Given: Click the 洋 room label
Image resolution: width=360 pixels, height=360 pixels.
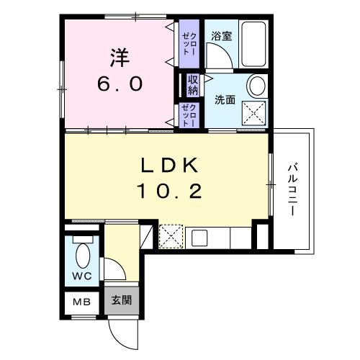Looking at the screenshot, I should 120,56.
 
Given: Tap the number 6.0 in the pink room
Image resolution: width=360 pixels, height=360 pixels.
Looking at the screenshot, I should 120,83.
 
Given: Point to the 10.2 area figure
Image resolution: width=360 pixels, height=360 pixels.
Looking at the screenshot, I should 170,192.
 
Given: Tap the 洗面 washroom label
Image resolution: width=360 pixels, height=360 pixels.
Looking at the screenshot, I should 225,100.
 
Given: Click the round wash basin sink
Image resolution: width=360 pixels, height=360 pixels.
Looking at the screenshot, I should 256,86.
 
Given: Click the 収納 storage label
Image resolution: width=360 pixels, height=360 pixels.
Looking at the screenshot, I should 193,85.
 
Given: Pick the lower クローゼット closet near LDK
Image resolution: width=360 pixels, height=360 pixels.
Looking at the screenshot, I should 187,115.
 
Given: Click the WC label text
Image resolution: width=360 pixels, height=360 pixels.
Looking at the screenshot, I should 81,276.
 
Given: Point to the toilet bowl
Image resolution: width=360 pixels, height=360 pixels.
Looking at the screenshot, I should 82,256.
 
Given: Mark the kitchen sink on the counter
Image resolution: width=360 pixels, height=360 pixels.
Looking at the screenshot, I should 200,235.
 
